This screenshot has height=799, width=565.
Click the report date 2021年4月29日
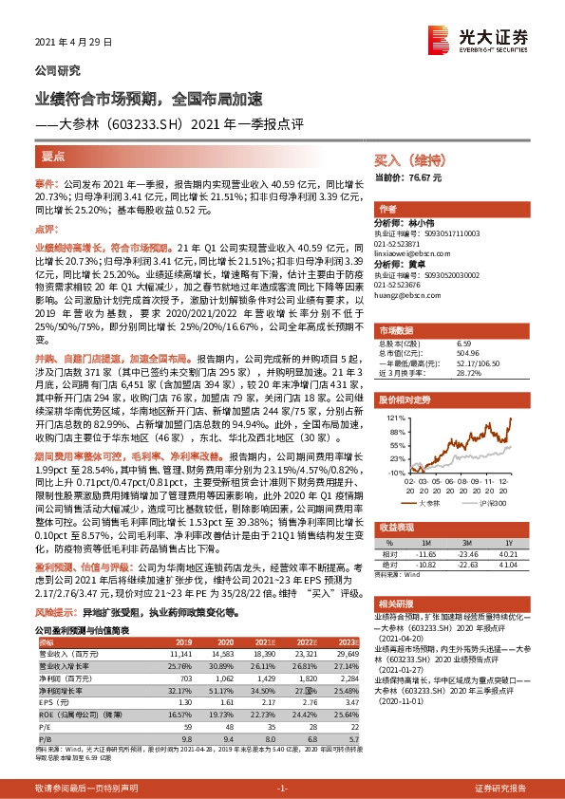point(73,43)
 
